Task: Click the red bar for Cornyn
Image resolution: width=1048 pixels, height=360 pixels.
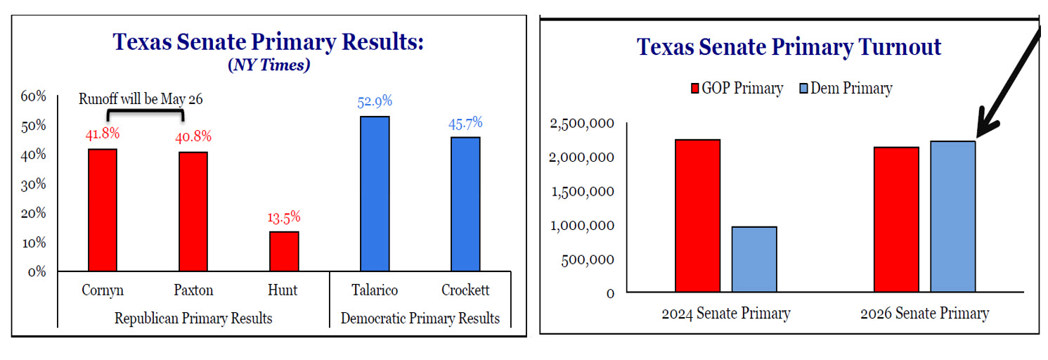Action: point(103,210)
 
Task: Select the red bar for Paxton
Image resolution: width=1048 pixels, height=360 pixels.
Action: point(193,211)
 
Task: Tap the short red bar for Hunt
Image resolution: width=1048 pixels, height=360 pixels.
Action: point(284,251)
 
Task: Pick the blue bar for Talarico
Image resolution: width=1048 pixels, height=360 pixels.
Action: point(375,193)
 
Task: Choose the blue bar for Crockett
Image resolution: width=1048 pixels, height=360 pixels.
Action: point(465,204)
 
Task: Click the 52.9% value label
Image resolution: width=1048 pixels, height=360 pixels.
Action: point(375,101)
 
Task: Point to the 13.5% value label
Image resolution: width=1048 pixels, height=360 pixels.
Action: point(284,217)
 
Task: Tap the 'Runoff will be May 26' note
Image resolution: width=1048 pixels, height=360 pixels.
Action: point(141,99)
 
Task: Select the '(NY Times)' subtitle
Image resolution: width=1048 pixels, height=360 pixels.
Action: point(269,66)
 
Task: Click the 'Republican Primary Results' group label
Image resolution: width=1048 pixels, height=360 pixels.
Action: point(193,319)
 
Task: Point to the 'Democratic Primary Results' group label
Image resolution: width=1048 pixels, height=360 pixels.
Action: point(420,319)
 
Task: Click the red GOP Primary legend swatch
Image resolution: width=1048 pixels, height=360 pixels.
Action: point(696,89)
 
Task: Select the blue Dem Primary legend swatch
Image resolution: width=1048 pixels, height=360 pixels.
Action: point(804,89)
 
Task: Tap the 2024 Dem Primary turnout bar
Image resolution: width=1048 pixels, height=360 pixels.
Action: point(754,259)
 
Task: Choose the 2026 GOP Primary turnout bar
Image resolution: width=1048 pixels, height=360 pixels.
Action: point(896,219)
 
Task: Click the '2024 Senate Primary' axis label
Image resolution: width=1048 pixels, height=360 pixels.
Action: point(725,314)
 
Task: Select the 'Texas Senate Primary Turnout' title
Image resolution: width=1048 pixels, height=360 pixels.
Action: point(789,47)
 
